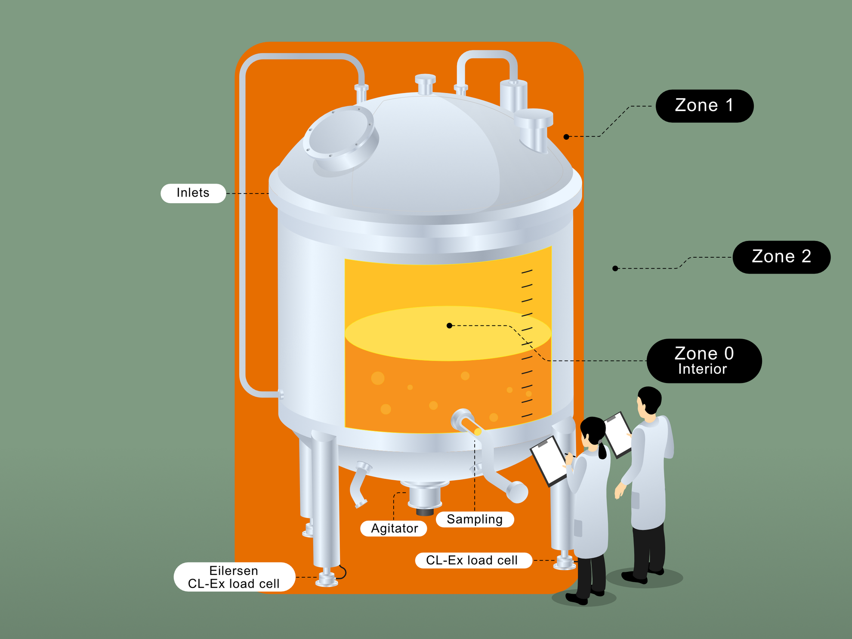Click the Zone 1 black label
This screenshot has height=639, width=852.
point(704,106)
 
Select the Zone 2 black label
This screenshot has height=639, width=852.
point(781,257)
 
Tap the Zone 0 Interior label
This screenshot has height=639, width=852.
point(704,361)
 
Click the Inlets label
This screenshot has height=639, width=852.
point(193,193)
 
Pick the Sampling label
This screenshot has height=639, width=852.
point(474,519)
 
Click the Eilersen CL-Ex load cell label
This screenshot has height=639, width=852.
point(234,577)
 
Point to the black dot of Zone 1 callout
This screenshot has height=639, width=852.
point(566,137)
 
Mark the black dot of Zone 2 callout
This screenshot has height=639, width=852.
point(615,269)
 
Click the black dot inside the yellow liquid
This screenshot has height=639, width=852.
point(449,325)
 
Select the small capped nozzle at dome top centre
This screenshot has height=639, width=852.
point(425,84)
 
